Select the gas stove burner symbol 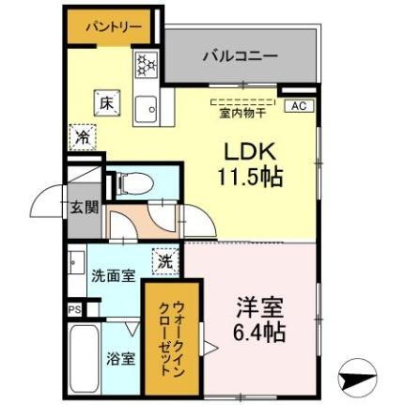tap(147, 65)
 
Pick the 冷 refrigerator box tap(81, 136)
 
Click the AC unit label tap(298, 106)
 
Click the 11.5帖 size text tap(253, 176)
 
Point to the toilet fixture tap(132, 183)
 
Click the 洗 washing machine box tap(165, 261)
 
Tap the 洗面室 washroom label tap(111, 276)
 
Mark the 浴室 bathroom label tap(119, 357)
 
